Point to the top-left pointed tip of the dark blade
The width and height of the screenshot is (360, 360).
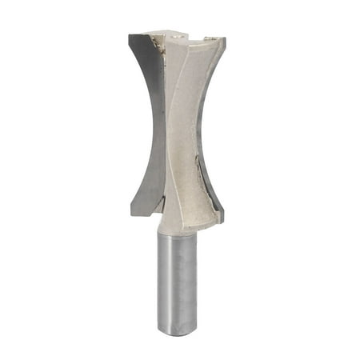point(130,37)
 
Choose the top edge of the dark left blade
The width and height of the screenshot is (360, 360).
point(144,36)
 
